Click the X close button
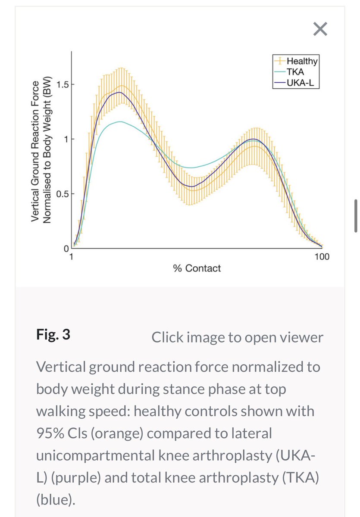(x=320, y=29)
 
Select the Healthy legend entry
(x=302, y=62)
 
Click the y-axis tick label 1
(x=66, y=139)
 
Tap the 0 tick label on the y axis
(x=66, y=249)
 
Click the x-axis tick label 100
(x=322, y=257)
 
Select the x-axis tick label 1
(x=72, y=257)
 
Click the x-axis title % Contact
(x=197, y=268)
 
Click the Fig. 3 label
(x=53, y=335)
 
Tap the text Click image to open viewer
(x=237, y=337)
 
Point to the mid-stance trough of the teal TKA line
(x=192, y=168)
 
